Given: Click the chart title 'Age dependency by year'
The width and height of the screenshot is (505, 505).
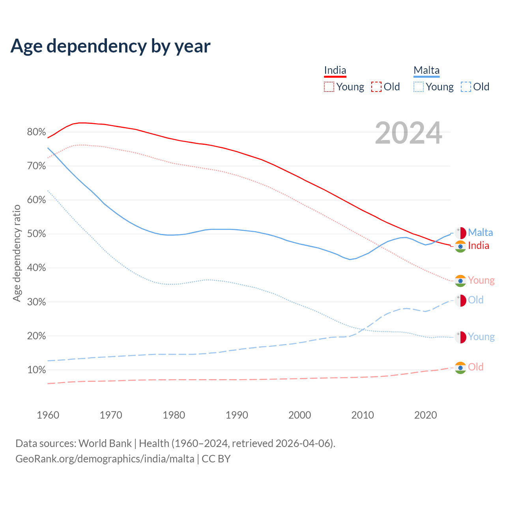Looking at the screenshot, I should tap(110, 46).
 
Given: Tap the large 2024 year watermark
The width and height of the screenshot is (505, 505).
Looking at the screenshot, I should tap(408, 133).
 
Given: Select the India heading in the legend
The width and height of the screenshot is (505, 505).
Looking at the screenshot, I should tap(335, 71).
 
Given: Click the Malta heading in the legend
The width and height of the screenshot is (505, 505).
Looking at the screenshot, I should tap(426, 71).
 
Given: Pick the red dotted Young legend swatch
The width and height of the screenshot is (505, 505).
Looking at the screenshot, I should tap(329, 87).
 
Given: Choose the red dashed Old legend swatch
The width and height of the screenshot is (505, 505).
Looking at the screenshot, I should tap(376, 87).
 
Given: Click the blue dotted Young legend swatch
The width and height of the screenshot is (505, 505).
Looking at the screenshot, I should tap(419, 87).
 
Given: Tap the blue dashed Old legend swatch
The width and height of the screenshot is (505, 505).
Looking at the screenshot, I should tap(466, 87).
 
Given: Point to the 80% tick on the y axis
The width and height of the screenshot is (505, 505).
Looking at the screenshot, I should tap(36, 132).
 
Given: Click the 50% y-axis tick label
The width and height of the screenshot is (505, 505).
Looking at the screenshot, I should tap(36, 234).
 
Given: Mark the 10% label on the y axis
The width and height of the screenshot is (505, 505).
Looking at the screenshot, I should tap(36, 370).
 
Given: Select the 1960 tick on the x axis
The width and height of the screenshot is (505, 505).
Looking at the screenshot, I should tap(48, 415).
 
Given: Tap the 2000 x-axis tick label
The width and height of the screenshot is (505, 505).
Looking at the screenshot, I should tap(300, 415).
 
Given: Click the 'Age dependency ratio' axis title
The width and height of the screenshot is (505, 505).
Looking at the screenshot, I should tap(17, 253).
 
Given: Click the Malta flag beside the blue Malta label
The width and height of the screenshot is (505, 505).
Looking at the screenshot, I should tap(460, 233).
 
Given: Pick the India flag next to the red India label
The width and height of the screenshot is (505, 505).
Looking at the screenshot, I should tap(460, 246).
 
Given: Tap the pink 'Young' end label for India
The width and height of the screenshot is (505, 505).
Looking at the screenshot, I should tap(481, 281).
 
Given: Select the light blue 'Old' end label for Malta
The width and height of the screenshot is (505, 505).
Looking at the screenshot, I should tap(476, 300).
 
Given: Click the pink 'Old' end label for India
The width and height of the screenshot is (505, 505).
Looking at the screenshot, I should tap(476, 367).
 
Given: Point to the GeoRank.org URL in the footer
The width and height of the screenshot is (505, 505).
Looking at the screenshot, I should tap(105, 459).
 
